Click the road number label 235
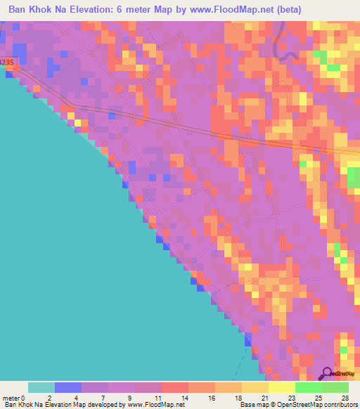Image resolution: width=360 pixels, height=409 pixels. coord(6,63)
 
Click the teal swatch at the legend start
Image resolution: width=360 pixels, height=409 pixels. coord(41,387)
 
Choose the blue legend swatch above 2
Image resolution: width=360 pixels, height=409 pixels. coord(68,387)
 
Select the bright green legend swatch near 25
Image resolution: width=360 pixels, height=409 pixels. coord(308,387)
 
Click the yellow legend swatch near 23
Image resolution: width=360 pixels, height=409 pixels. coord(281,387)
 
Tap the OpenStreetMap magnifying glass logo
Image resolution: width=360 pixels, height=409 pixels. coord(326,374)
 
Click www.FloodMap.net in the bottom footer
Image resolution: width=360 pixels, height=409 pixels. coord(154,405)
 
